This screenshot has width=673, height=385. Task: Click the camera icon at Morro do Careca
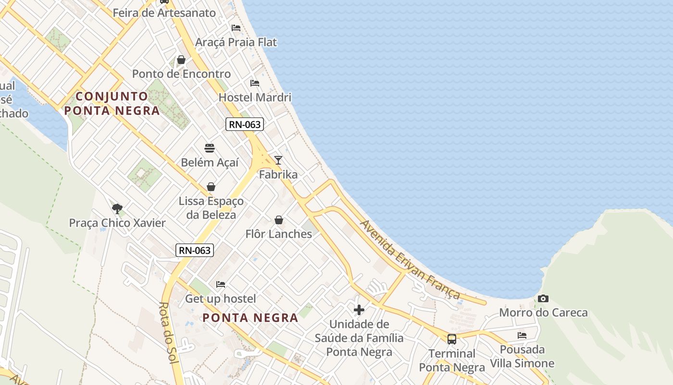[x=543, y=299]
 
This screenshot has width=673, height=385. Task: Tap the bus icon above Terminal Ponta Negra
[x=452, y=339]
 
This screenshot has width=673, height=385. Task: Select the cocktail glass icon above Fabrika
[x=278, y=160]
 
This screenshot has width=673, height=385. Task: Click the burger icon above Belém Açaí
[x=210, y=148]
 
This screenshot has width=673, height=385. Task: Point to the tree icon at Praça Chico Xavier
[x=117, y=208]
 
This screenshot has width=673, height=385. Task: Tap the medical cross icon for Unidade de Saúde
[x=359, y=309]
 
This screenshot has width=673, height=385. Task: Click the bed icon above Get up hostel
[x=221, y=284]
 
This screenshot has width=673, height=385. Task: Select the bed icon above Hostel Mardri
[x=255, y=83]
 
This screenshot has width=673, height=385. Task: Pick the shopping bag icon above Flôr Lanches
[x=279, y=220]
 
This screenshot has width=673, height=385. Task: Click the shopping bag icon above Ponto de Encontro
[x=181, y=60]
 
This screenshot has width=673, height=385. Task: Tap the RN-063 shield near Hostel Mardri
[x=245, y=124]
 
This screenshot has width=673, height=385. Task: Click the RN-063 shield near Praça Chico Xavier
[x=195, y=250]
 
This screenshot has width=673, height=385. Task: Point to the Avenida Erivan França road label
[x=410, y=260]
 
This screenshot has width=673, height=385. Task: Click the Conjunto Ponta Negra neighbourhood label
[x=112, y=103]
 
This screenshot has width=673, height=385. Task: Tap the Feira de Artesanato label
[x=164, y=13]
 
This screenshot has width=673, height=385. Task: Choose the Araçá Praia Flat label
[x=236, y=42]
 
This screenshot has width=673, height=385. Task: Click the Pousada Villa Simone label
[x=522, y=356]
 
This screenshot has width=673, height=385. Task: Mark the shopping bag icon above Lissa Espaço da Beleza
[x=211, y=187]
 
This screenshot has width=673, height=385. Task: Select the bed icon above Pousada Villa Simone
[x=522, y=335]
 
